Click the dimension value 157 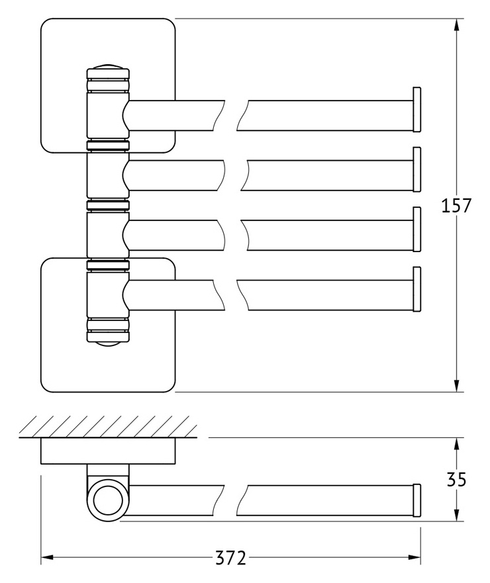pyautogui.click(x=456, y=206)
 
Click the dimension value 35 pyautogui.click(x=456, y=479)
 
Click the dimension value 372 pyautogui.click(x=230, y=558)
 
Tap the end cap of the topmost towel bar pyautogui.click(x=416, y=109)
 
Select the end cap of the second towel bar pyautogui.click(x=416, y=169)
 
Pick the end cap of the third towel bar pyautogui.click(x=416, y=230)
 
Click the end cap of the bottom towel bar pyautogui.click(x=416, y=289)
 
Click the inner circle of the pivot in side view pyautogui.click(x=108, y=500)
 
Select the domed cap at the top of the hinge pyautogui.click(x=108, y=67)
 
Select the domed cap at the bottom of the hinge pyautogui.click(x=108, y=344)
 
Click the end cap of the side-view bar pyautogui.click(x=416, y=500)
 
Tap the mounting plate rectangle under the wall pyautogui.click(x=108, y=451)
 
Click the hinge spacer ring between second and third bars pyautogui.click(x=108, y=205)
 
